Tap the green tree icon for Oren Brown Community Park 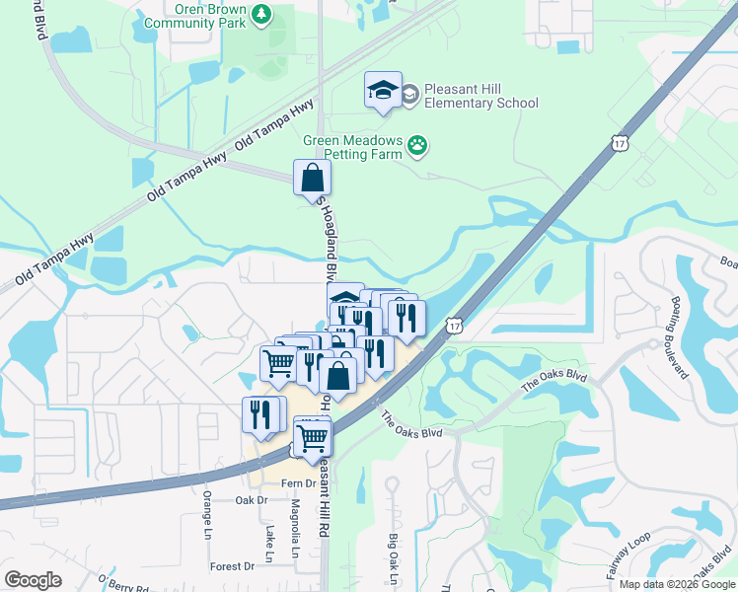point(261,13)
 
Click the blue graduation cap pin point(383,91)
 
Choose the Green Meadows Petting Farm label point(353,147)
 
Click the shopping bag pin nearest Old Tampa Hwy point(312,179)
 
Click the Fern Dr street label point(297,483)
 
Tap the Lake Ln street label point(268,539)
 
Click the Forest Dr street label point(232,566)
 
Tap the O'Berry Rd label point(121,583)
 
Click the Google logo point(33,580)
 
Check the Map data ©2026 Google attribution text point(677,584)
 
